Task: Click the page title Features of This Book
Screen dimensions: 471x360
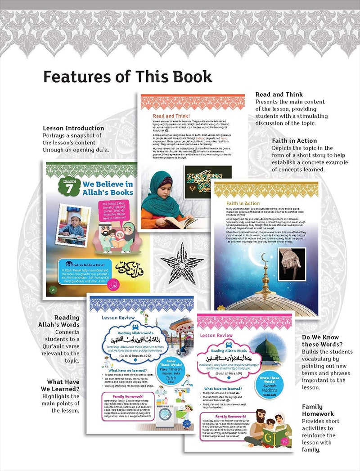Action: tap(127, 76)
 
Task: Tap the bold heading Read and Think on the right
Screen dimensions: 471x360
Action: tap(279, 94)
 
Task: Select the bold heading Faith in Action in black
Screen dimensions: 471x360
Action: tap(294, 141)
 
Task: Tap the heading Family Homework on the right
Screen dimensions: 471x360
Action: tap(318, 410)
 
